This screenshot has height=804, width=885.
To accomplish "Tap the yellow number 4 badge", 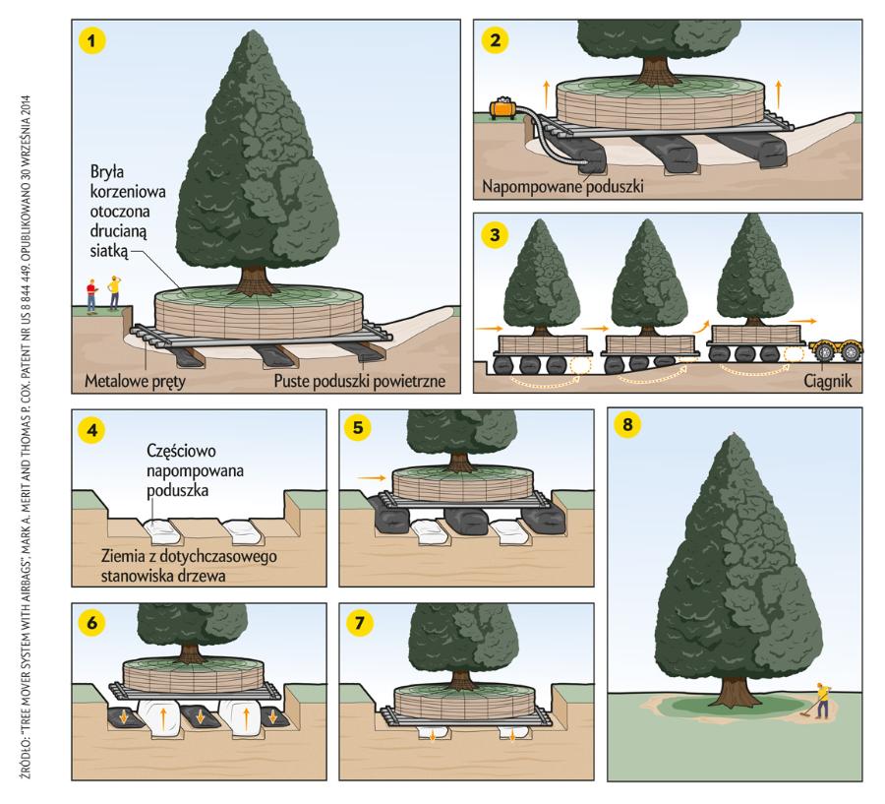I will (91, 429).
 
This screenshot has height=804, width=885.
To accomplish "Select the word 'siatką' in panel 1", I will (111, 252).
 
